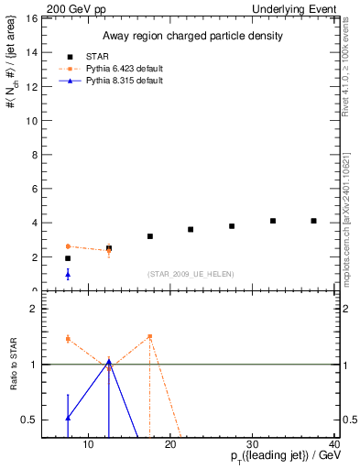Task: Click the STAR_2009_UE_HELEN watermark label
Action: (190, 274)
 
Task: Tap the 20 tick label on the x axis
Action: (169, 445)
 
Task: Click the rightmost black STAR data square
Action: (313, 221)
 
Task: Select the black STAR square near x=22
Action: (191, 229)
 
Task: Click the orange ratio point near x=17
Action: (149, 336)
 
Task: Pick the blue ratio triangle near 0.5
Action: (68, 418)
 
